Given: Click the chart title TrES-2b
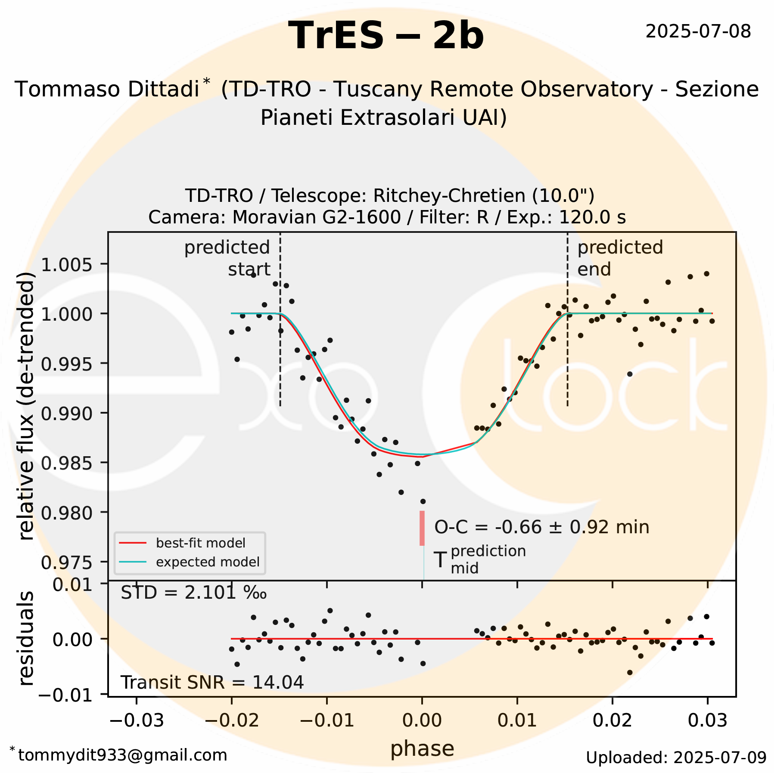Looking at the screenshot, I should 386,36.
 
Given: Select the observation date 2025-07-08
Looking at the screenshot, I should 698,32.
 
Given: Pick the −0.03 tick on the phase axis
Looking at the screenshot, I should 137,720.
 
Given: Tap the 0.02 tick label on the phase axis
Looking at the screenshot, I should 612,720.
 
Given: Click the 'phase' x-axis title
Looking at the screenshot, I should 422,748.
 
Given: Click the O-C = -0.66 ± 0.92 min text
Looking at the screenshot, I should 541,527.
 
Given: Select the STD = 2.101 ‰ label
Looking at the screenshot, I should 193,593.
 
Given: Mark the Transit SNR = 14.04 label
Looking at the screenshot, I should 212,682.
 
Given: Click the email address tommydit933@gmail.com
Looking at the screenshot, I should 122,755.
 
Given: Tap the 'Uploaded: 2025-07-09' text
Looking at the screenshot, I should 676,758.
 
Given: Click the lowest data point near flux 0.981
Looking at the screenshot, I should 423,501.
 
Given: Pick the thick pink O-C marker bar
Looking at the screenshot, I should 422,528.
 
